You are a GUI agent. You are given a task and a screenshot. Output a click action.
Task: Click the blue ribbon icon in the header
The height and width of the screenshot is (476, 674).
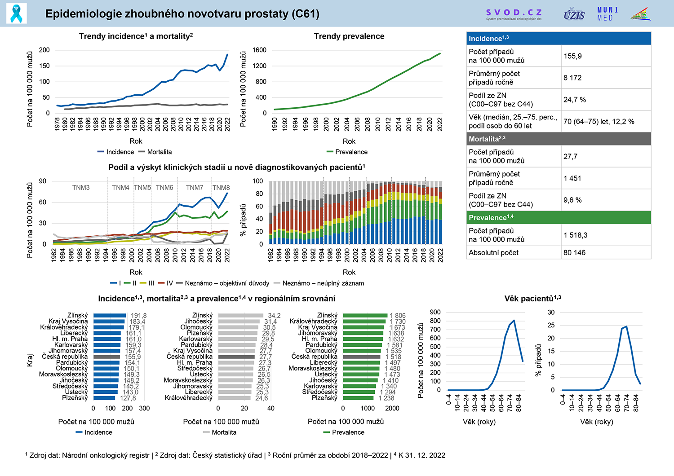coord(17,13)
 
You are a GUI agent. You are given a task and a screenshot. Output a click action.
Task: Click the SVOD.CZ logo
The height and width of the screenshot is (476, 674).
coord(514,14)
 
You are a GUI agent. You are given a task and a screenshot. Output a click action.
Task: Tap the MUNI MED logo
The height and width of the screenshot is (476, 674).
coord(607,14)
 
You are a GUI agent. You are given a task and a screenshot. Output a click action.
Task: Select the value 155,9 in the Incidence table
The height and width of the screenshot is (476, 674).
coord(572,56)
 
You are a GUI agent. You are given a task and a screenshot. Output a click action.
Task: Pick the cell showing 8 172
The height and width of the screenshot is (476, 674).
coord(572,78)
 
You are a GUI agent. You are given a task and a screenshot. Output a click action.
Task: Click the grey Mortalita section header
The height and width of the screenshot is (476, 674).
coord(559,139)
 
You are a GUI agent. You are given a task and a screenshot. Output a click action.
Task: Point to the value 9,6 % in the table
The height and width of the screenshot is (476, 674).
coord(572,200)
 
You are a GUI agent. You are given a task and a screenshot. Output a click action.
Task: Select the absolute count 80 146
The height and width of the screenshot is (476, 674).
coord(574,252)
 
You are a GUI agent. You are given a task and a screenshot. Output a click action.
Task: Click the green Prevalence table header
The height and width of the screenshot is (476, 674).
coord(559,217)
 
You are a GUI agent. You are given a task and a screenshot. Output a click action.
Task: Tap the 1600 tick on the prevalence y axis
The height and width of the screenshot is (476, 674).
coord(259,50)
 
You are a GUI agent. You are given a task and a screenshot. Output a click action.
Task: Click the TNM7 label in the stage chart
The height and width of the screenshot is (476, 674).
coord(195,187)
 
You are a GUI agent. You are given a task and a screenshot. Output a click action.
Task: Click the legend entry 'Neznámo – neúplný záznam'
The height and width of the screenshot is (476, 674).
coord(323,283)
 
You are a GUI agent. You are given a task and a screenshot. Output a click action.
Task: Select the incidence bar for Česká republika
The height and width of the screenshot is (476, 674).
coord(106,357)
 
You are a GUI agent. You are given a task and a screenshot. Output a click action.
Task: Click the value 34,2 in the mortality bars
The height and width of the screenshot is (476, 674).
coord(274,316)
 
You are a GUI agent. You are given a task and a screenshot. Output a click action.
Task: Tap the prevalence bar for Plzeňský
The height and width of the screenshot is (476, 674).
coord(358,398)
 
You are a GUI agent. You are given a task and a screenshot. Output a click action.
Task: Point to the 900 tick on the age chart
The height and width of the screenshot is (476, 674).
coord(435,312)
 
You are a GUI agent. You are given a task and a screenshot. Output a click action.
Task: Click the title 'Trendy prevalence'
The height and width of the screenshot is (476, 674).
coord(349,36)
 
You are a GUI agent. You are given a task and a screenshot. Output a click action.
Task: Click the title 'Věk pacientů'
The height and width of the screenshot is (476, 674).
coord(532,299)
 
